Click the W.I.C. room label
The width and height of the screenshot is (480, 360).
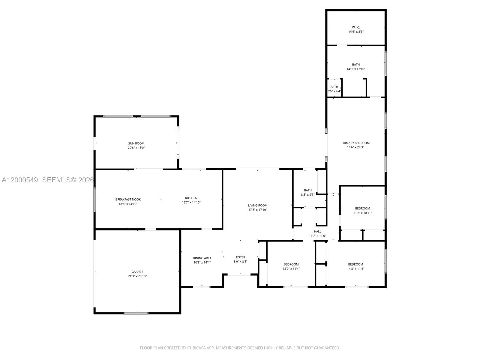click(356, 27)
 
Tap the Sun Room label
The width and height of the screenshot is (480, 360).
click(136, 143)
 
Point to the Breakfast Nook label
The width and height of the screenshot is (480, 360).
click(128, 199)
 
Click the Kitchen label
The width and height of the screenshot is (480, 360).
click(191, 198)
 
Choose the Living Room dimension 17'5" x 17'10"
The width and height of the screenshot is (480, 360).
click(257, 210)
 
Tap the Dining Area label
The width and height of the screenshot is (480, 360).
click(202, 258)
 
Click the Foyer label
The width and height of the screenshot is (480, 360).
click(241, 257)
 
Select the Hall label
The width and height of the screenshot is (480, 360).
click(317, 231)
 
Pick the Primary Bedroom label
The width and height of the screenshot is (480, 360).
click(355, 143)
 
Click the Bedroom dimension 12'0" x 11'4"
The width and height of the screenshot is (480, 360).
click(291, 269)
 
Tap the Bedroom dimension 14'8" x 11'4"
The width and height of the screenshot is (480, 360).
click(355, 269)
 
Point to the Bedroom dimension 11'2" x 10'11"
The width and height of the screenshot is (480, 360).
click(362, 213)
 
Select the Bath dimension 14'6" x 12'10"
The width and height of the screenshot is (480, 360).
click(356, 69)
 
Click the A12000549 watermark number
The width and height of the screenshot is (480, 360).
click(20, 180)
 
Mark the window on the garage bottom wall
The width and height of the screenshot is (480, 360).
click(136, 313)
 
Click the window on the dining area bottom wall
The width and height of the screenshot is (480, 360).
click(202, 287)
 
